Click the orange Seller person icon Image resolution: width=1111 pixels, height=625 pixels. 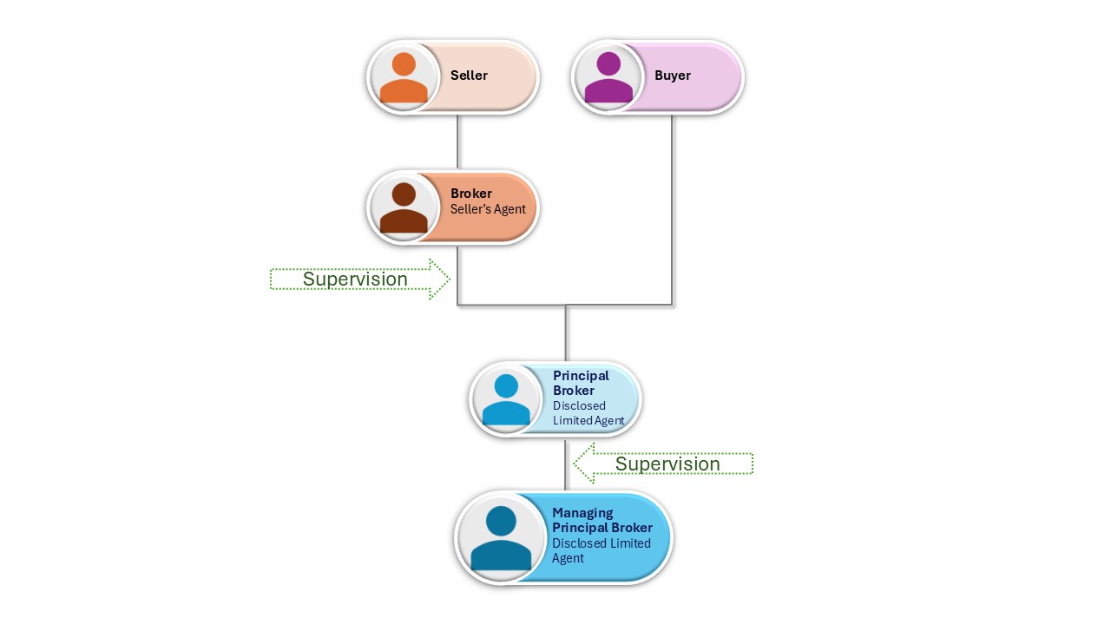coord(404,77)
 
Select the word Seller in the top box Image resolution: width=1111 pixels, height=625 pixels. coord(469,76)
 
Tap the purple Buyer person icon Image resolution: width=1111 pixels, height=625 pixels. coord(608,77)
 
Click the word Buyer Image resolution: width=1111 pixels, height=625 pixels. coord(673,76)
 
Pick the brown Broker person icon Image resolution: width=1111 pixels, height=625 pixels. coord(404,208)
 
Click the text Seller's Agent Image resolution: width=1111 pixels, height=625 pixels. coord(488,209)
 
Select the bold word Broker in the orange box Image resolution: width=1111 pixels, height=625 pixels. coord(471,194)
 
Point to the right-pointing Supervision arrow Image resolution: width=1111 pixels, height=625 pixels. coord(360,280)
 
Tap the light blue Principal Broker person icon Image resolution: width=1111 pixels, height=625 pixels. coord(506,399)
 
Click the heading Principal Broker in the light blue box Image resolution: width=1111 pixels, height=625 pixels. coord(581,383)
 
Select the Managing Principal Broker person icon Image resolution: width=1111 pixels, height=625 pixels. coord(501,538)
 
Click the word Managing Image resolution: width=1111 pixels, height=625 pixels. coord(582,513)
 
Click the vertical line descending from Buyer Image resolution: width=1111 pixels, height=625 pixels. coord(672,208)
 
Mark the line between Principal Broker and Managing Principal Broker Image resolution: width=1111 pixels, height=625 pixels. coord(566,464)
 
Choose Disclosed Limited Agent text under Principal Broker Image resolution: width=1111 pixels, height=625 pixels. coord(588,413)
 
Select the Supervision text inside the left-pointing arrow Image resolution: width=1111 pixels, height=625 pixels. coord(667,464)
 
